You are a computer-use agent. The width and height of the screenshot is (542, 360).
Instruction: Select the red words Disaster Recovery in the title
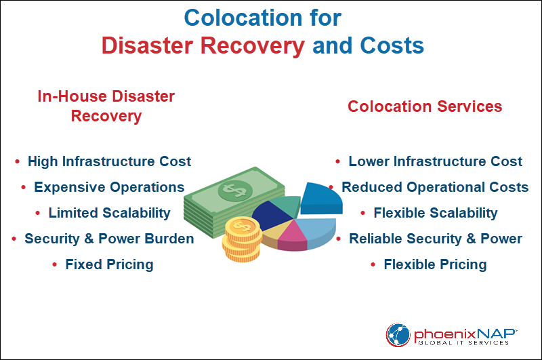pyautogui.click(x=203, y=45)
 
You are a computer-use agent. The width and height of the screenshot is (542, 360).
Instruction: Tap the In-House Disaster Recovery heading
pyautogui.click(x=106, y=106)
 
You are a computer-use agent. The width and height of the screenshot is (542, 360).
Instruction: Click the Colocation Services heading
pyautogui.click(x=425, y=106)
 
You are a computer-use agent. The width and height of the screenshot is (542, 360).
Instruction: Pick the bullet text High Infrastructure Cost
pyautogui.click(x=109, y=161)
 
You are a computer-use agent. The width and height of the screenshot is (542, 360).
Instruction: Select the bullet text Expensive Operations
pyautogui.click(x=109, y=187)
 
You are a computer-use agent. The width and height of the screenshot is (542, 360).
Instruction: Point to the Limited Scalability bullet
pyautogui.click(x=109, y=213)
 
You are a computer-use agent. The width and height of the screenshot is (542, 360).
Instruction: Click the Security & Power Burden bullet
pyautogui.click(x=109, y=239)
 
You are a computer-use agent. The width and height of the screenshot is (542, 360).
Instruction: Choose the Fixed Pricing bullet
pyautogui.click(x=109, y=264)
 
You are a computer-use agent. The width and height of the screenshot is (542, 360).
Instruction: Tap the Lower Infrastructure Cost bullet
pyautogui.click(x=435, y=161)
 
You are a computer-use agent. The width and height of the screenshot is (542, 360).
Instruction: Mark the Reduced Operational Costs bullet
pyautogui.click(x=435, y=187)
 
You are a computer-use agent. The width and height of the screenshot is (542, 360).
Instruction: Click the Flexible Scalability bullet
pyautogui.click(x=435, y=213)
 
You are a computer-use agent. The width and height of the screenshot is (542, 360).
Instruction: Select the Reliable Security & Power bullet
pyautogui.click(x=435, y=239)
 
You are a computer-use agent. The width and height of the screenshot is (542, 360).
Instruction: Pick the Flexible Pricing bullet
pyautogui.click(x=435, y=264)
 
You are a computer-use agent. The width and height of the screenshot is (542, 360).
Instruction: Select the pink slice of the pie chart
pyautogui.click(x=293, y=235)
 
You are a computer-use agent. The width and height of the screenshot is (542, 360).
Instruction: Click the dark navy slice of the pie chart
pyautogui.click(x=270, y=215)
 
